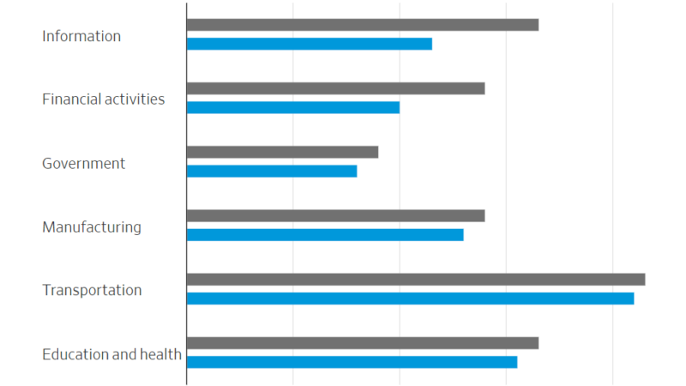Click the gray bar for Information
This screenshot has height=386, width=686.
pos(362,25)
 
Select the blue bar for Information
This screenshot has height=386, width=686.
pos(309,44)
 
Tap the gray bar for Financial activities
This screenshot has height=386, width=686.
pos(335,88)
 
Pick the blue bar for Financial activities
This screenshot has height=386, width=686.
pos(292,107)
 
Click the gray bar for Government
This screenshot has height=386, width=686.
pos(282,152)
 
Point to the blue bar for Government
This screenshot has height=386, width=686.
pos(271,171)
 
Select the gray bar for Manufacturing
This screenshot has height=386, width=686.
pos(335,215)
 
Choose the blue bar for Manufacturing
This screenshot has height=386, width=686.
pos(324,234)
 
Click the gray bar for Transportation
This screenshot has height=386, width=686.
pos(415,279)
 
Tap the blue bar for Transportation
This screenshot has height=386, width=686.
pos(410,298)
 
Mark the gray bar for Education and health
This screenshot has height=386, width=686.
pos(362,342)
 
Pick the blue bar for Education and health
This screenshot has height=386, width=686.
pos(352,361)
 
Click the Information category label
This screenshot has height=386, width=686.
pos(81,36)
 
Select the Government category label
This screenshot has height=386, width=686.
pos(83,163)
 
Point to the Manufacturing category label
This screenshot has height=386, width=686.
pos(92,227)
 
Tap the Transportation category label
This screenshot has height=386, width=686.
pos(92,290)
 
